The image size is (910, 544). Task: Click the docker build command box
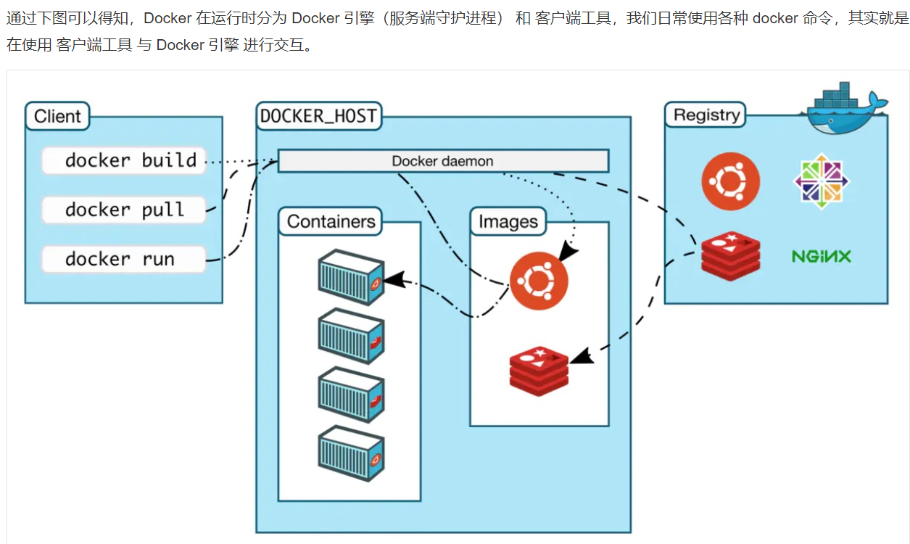(123, 160)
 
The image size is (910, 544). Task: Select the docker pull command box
(123, 210)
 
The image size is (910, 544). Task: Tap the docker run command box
(123, 259)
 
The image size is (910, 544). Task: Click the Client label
(57, 116)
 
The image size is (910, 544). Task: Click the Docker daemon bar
(443, 161)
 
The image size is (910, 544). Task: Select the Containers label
(331, 221)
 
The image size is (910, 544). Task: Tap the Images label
(508, 222)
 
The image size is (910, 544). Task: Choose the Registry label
(706, 115)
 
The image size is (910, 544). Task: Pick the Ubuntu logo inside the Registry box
(730, 181)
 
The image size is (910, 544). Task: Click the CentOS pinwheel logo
(821, 181)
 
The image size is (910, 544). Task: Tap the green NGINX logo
(821, 256)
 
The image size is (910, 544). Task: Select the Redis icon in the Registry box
(730, 256)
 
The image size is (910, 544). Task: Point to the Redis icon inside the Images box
(539, 371)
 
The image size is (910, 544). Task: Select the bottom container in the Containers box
(351, 454)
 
